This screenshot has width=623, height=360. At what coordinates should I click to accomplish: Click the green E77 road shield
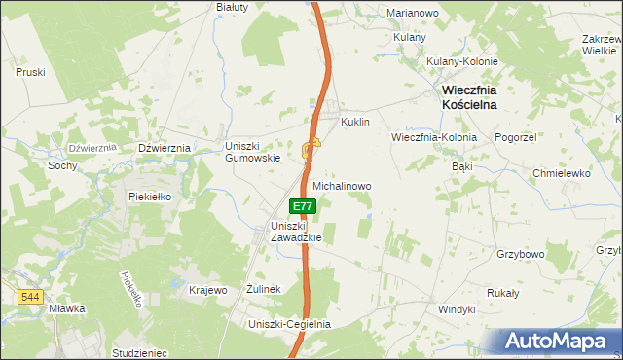click(x=303, y=206)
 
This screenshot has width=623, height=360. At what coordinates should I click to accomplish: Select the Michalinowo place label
click(x=342, y=185)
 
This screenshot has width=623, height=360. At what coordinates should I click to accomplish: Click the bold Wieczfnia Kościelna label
click(x=469, y=96)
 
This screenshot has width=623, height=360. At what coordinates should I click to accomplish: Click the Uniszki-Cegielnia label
click(x=290, y=324)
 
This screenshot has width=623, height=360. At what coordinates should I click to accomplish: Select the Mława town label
click(x=67, y=308)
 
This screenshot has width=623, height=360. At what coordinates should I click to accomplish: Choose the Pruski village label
click(x=31, y=72)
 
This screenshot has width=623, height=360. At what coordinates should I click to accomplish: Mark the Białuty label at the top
click(x=233, y=6)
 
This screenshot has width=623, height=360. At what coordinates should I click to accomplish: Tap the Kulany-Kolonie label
click(x=462, y=61)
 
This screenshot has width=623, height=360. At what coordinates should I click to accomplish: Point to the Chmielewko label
click(x=562, y=173)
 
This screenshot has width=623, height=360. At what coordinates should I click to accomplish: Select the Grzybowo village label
click(x=520, y=254)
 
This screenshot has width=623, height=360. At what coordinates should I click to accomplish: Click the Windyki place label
click(x=457, y=308)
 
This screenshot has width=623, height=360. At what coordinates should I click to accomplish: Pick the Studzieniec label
click(x=140, y=353)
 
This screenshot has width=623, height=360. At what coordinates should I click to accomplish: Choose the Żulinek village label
click(x=264, y=289)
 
